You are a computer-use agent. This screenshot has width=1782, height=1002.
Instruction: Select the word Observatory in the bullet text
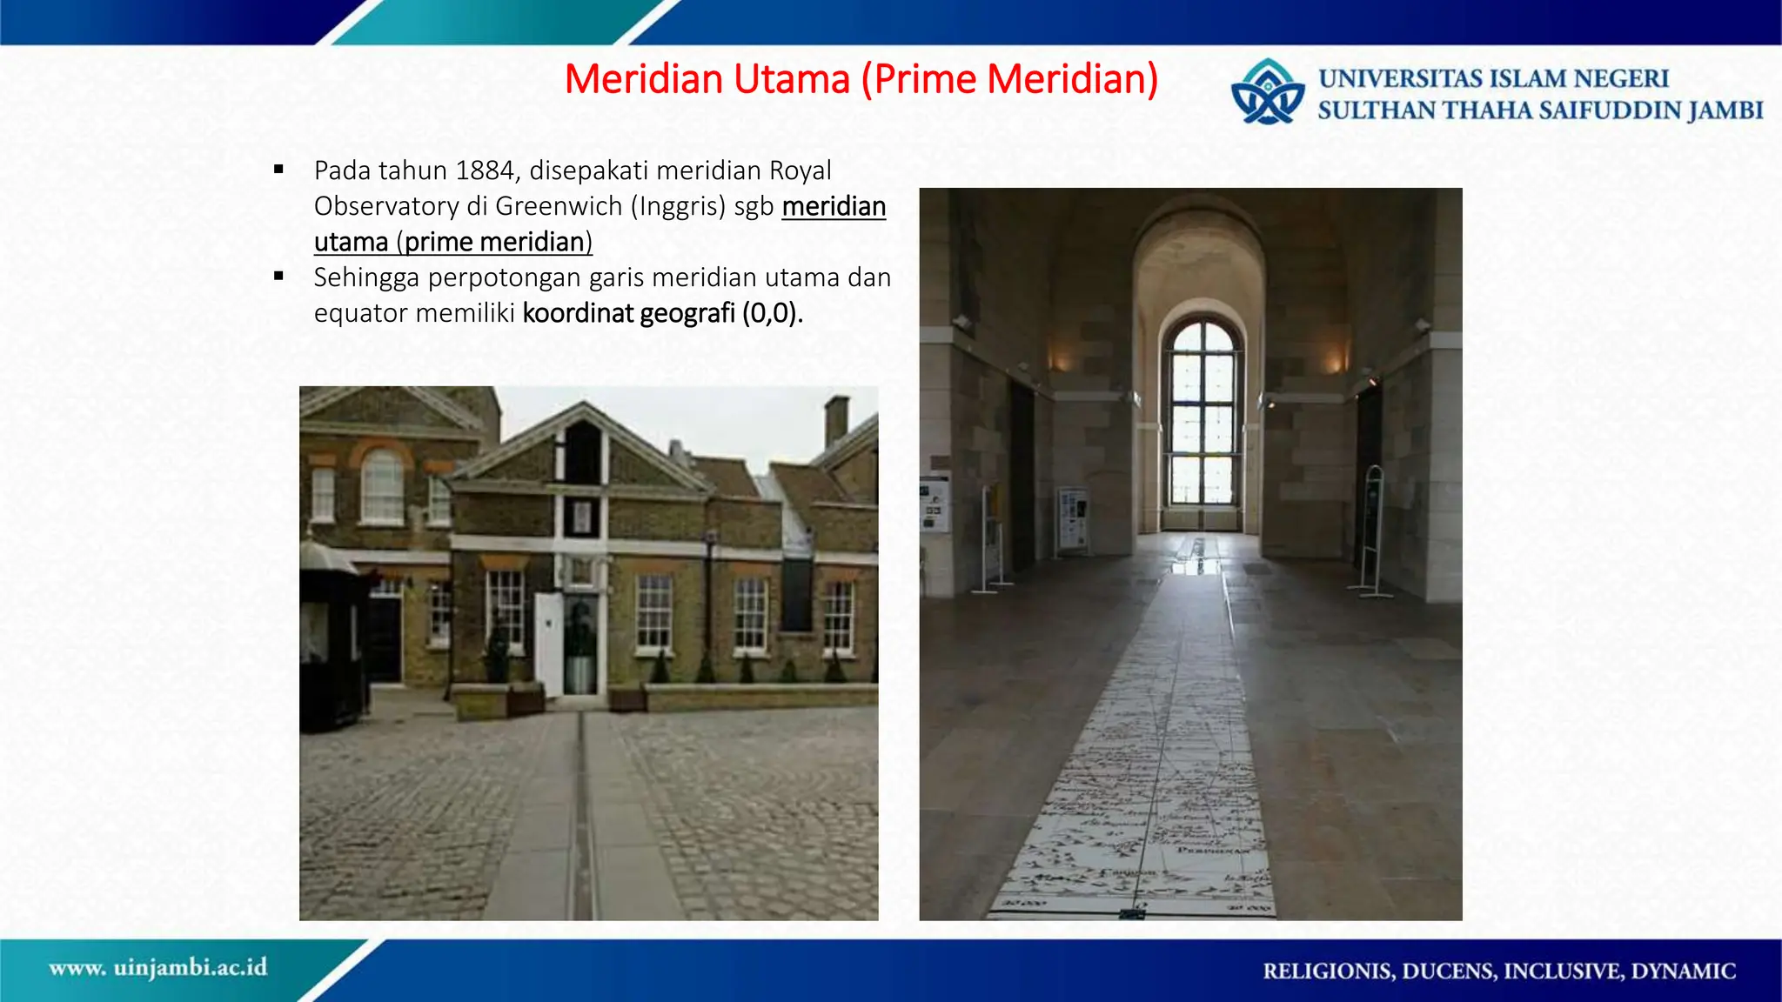click(386, 206)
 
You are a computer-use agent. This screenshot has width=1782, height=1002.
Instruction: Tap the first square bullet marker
click(278, 170)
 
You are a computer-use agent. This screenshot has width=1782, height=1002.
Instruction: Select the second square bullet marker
click(278, 277)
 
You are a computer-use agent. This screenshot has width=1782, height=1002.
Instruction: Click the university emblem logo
click(1268, 92)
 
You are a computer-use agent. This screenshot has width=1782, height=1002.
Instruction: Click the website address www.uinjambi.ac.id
click(158, 967)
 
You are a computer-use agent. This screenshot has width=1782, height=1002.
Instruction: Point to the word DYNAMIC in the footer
click(1683, 971)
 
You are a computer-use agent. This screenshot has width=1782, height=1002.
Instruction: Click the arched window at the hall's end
click(1203, 413)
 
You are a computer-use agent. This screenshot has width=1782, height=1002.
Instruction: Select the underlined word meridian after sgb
click(834, 206)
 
